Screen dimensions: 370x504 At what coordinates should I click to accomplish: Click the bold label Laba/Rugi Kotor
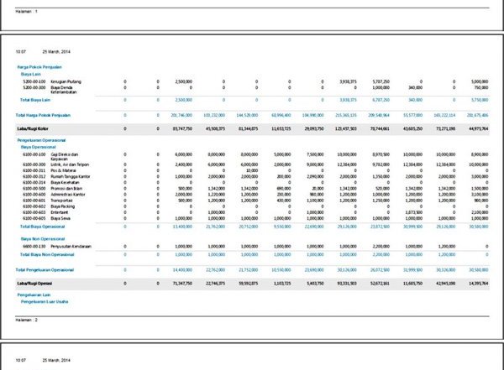[x=31, y=128]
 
